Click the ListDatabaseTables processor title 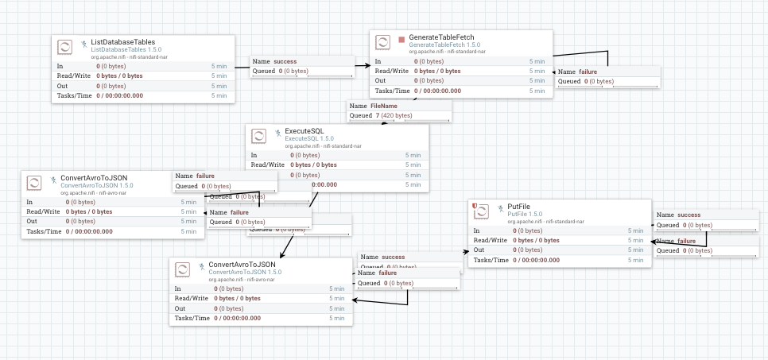(122, 41)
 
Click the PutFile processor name (518, 207)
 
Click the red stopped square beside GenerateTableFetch (401, 38)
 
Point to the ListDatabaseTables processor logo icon (66, 47)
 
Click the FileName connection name (385, 106)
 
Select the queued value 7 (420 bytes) (394, 115)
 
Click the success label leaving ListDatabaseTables (285, 61)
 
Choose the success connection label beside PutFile (688, 215)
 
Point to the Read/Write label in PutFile (490, 240)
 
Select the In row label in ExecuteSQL (254, 155)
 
